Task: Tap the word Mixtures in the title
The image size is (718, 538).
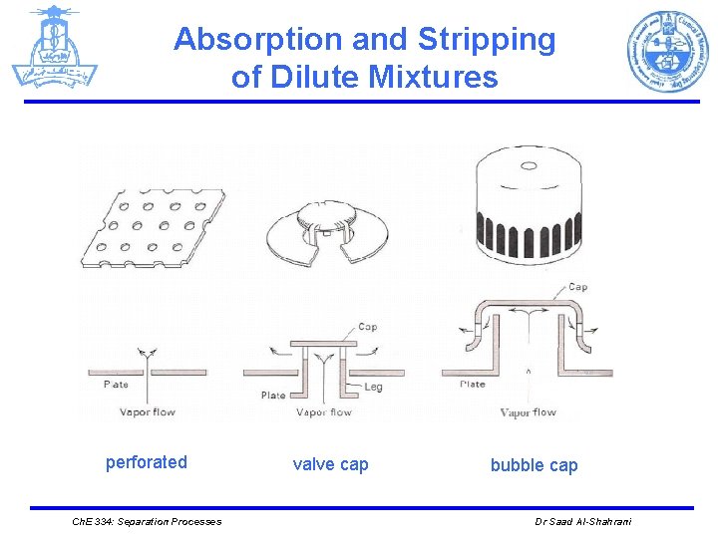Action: point(435,76)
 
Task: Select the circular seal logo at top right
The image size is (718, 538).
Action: point(667,51)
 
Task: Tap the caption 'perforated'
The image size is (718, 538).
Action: point(147,461)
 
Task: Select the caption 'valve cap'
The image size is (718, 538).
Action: point(330,464)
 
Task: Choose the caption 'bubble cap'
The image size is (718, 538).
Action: point(534,465)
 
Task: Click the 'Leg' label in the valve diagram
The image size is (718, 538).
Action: point(372,387)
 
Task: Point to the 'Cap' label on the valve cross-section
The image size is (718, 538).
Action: point(367,327)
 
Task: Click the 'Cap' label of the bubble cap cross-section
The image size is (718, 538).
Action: point(577,287)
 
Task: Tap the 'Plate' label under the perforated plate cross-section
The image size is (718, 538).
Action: point(116,385)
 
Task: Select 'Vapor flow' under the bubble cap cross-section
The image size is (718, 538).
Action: point(528,412)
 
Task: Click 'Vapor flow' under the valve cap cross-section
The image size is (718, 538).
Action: point(324,412)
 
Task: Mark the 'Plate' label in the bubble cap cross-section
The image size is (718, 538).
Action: point(473,384)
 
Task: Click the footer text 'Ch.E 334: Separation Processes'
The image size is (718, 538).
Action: point(147,522)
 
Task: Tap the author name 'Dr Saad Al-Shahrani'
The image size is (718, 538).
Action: point(583,522)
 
